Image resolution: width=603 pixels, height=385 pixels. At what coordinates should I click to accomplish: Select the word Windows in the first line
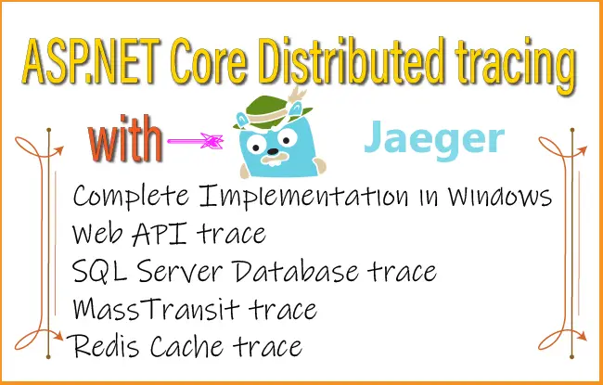click(x=488, y=198)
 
